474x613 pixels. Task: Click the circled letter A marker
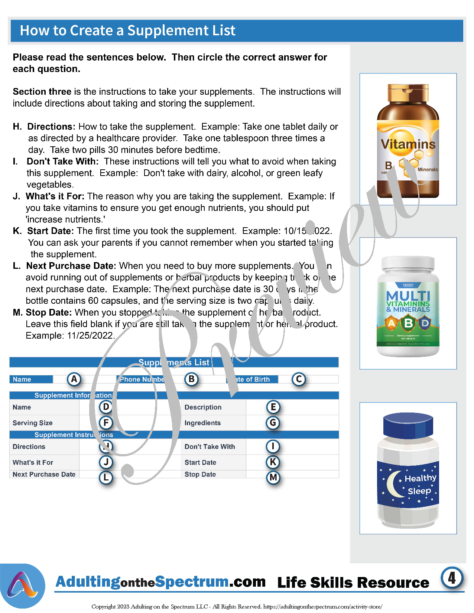pos(74,379)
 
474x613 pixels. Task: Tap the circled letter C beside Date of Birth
pos(299,379)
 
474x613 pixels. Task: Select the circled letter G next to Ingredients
pos(273,423)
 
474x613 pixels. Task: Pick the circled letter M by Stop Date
pos(273,477)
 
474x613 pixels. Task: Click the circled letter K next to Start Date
pos(273,462)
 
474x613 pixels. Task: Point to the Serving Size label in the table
pos(33,423)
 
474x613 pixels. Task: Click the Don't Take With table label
pos(210,447)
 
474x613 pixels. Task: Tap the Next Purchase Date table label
pos(44,474)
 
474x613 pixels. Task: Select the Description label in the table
pos(203,407)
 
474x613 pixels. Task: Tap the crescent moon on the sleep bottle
pos(394,485)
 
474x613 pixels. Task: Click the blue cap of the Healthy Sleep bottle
pos(408,425)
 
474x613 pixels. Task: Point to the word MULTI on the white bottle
pos(408,296)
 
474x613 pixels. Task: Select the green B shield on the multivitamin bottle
pos(408,323)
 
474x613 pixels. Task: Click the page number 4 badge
pos(452,578)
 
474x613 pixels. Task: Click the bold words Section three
pos(42,92)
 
